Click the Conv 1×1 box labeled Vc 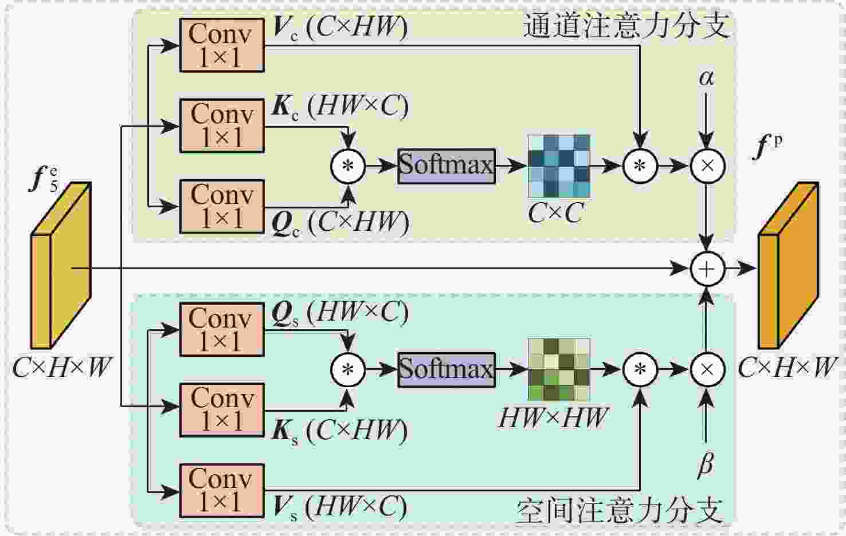click(222, 45)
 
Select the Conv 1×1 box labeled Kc click(222, 126)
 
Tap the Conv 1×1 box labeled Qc click(222, 207)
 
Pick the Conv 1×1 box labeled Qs click(222, 329)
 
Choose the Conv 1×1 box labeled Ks click(222, 410)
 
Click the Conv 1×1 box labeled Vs click(222, 491)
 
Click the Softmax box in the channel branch click(447, 167)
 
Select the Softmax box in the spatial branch click(447, 370)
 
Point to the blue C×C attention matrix click(559, 167)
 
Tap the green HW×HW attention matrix click(559, 369)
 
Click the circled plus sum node click(707, 269)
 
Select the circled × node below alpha click(707, 166)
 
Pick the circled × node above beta click(707, 369)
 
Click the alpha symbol click(707, 78)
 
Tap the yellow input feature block click(61, 265)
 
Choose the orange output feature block click(789, 265)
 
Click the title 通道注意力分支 click(626, 26)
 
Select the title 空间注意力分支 click(621, 511)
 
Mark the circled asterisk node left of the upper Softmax click(348, 167)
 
